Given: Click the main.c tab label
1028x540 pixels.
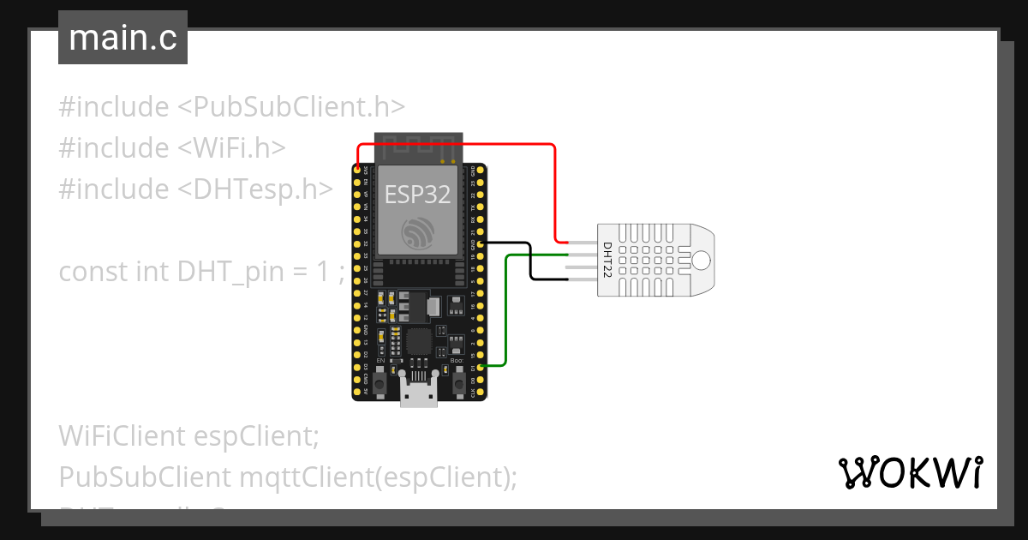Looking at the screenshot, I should pyautogui.click(x=123, y=39).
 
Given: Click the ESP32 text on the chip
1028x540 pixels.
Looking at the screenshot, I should pyautogui.click(x=417, y=195).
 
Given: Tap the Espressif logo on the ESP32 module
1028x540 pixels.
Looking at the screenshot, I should pyautogui.click(x=417, y=233).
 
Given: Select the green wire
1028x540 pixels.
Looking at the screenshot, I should pyautogui.click(x=506, y=309).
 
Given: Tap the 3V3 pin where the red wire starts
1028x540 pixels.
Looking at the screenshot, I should pyautogui.click(x=356, y=171).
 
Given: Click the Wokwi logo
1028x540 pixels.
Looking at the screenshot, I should pyautogui.click(x=910, y=472).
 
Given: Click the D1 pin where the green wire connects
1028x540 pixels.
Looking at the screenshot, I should pyautogui.click(x=481, y=367).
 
